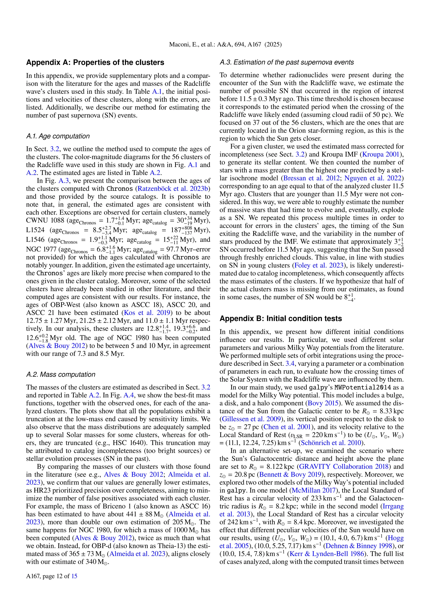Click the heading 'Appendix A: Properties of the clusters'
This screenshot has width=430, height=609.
pos(95,63)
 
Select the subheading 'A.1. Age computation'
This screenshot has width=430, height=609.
pos(58,136)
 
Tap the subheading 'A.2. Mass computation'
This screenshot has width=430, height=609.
pos(61,374)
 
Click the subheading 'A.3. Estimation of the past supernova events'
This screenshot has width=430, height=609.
pos(286,62)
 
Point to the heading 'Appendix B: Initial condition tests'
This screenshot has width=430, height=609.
pos(281,319)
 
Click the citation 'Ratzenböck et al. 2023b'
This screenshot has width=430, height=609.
pos(173,189)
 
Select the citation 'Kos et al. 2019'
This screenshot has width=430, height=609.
pos(147,313)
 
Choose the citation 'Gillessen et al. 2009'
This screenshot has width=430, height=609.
pos(251,419)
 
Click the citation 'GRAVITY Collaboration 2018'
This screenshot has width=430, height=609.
pos(344,467)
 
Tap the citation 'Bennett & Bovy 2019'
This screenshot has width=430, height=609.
pos(290,475)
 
